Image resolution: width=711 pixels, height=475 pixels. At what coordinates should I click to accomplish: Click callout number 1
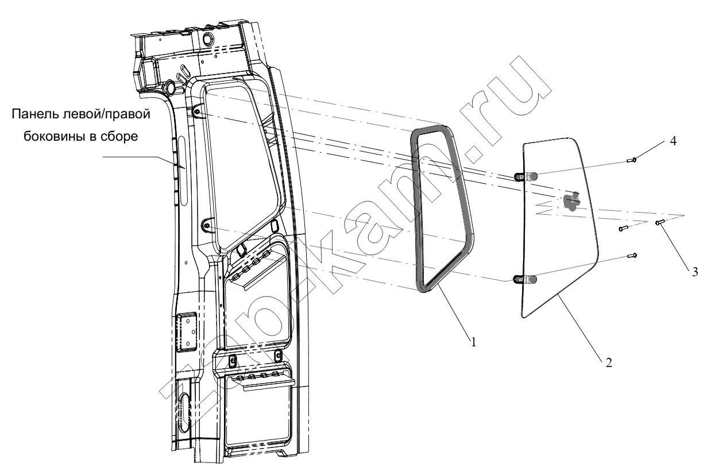point(474,342)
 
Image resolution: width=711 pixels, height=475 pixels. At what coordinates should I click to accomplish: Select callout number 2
point(608,362)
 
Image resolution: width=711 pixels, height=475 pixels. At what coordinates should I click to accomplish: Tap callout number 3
point(695,272)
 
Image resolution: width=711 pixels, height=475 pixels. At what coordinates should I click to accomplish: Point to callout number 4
point(673,141)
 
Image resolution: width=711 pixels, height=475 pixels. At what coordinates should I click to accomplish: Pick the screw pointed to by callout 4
point(632,160)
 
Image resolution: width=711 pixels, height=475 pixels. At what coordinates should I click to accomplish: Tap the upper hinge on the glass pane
point(525,176)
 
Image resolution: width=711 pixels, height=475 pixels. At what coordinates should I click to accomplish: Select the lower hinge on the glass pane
point(525,279)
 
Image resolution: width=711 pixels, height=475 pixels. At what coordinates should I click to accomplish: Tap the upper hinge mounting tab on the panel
point(197,111)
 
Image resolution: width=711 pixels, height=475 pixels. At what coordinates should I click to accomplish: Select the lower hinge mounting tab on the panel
point(207,225)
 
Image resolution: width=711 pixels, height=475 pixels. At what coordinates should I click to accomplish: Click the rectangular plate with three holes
point(186,332)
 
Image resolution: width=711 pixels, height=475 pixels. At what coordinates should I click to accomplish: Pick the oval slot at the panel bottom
point(185,412)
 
